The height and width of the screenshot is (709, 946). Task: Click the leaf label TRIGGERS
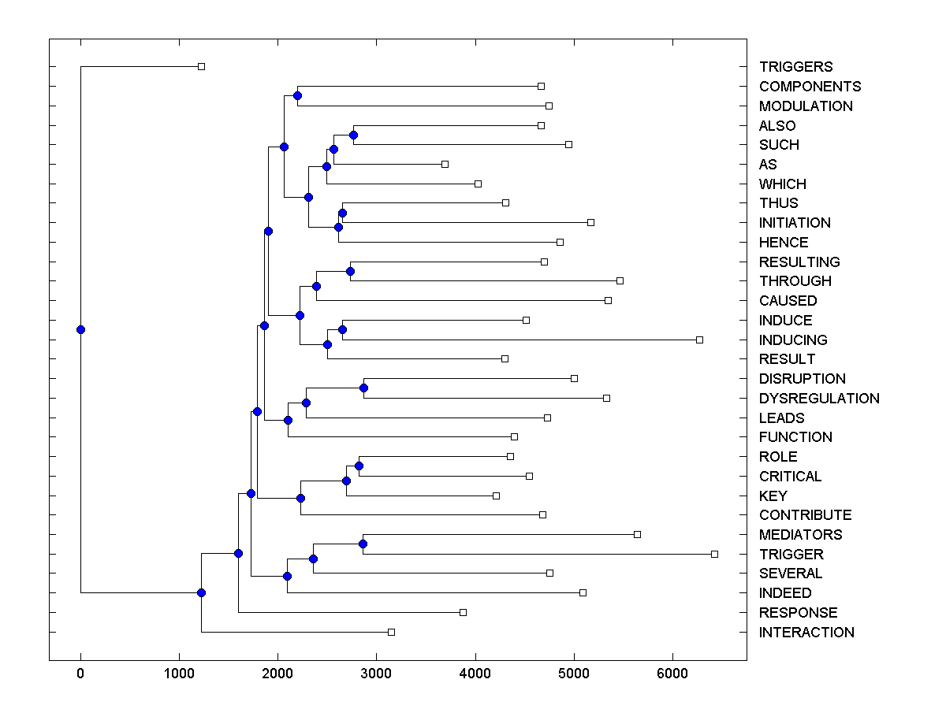pyautogui.click(x=795, y=67)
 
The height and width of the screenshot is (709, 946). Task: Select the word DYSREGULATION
pyautogui.click(x=819, y=399)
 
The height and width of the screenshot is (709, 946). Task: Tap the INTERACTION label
pyautogui.click(x=806, y=633)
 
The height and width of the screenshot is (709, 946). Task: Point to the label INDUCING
pyautogui.click(x=793, y=340)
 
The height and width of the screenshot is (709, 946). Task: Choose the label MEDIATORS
pyautogui.click(x=800, y=535)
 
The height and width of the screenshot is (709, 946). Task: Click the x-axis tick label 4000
pyautogui.click(x=475, y=674)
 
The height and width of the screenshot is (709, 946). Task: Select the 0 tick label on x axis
pyautogui.click(x=80, y=674)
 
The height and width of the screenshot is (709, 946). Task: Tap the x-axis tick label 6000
pyautogui.click(x=672, y=674)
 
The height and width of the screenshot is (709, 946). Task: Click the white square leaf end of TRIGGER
pyautogui.click(x=714, y=554)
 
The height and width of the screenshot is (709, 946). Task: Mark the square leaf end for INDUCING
pyautogui.click(x=699, y=340)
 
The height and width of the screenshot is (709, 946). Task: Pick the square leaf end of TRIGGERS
pyautogui.click(x=201, y=66)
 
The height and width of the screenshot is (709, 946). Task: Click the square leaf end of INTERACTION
pyautogui.click(x=391, y=632)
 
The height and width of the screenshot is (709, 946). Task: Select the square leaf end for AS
pyautogui.click(x=445, y=164)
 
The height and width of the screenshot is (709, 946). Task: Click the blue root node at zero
pyautogui.click(x=80, y=329)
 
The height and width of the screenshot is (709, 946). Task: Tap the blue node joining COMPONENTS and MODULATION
pyautogui.click(x=297, y=96)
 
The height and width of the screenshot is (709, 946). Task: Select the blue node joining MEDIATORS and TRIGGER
pyautogui.click(x=363, y=544)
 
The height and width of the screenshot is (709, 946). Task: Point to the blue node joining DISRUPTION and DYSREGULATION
pyautogui.click(x=363, y=388)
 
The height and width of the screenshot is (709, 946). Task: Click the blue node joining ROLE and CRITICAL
pyautogui.click(x=359, y=466)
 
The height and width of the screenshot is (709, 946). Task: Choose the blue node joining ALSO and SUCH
pyautogui.click(x=353, y=135)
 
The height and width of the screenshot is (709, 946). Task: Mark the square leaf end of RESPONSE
pyautogui.click(x=463, y=612)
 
